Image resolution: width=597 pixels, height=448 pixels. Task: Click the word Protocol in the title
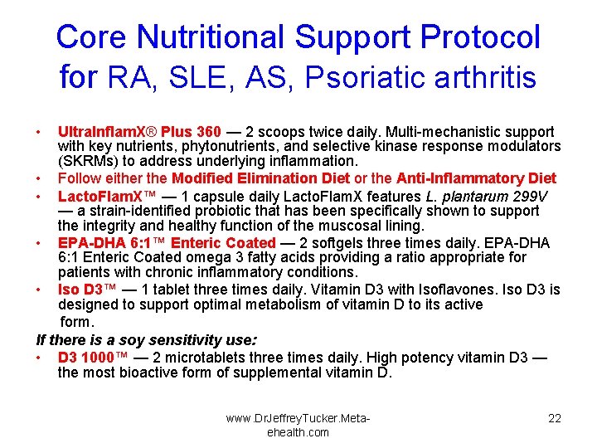click(480, 37)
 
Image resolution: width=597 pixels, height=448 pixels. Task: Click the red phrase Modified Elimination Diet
click(260, 178)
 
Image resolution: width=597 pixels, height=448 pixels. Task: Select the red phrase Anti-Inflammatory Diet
click(476, 178)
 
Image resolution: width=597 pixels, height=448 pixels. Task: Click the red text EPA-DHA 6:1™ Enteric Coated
click(166, 243)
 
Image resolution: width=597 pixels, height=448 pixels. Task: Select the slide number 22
click(554, 418)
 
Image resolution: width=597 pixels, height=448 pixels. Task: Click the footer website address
click(298, 425)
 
